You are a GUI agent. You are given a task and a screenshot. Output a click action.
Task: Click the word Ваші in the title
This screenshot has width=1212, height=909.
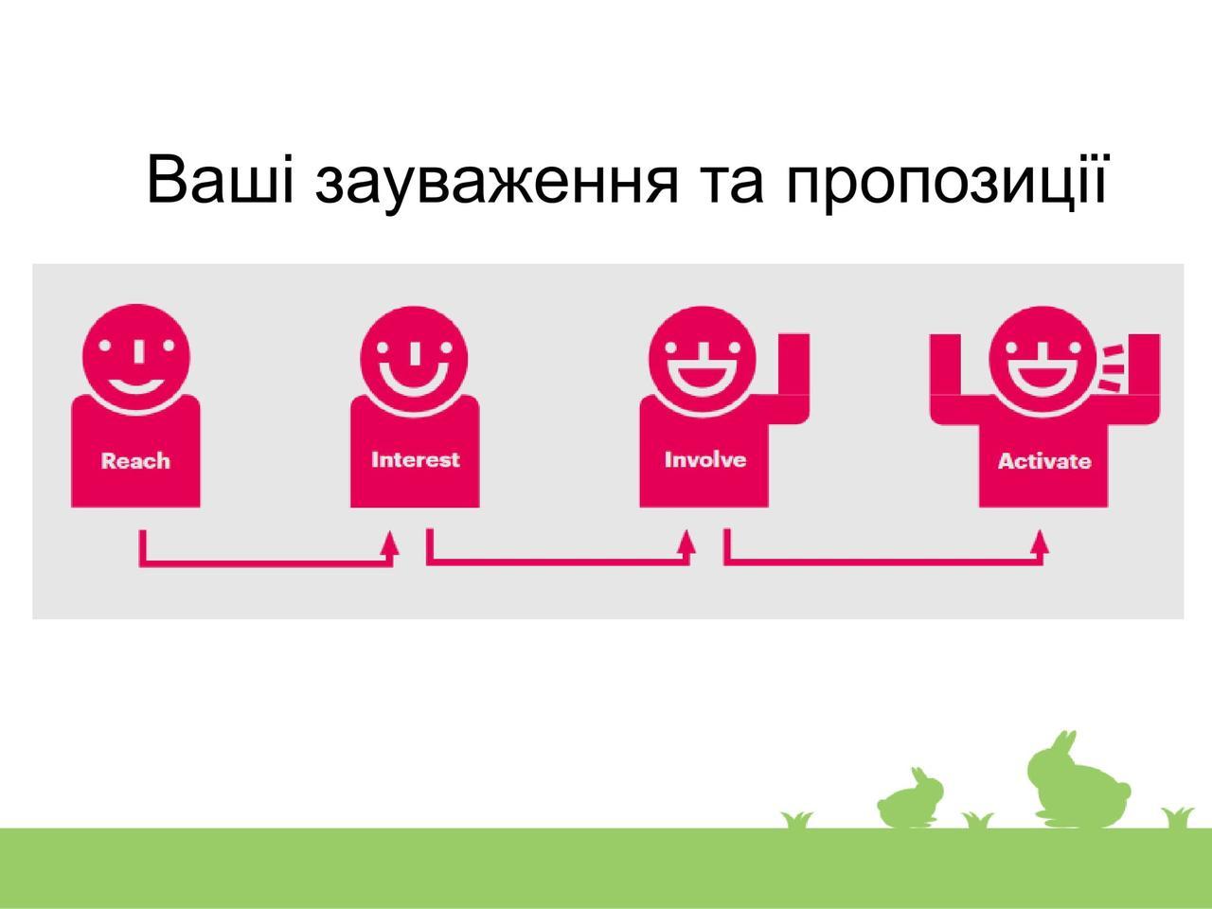coord(221,180)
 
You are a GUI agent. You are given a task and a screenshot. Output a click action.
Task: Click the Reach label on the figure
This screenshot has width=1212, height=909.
coord(135,461)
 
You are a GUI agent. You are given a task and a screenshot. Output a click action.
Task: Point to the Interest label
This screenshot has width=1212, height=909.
coord(416,460)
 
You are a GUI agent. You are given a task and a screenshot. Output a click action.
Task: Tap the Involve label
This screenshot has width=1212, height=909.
coord(705,460)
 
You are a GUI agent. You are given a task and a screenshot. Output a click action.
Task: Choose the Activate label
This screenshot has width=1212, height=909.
coord(1044,461)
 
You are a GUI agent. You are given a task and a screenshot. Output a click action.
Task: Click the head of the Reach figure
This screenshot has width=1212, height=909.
coord(136,357)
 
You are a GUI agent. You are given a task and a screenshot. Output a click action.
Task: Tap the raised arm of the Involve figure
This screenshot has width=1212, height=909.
coord(793,375)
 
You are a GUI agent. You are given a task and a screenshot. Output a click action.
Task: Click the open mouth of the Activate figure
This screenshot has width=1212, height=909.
coord(1043,378)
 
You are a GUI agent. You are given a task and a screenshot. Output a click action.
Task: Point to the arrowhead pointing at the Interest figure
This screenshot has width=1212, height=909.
coord(391,542)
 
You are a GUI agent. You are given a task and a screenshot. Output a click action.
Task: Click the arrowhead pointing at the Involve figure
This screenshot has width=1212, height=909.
coord(686,542)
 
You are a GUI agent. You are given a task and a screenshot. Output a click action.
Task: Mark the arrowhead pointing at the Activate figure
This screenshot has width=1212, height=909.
coord(1041,542)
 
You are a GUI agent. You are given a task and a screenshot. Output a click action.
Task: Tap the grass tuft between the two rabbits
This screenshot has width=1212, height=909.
coord(978,819)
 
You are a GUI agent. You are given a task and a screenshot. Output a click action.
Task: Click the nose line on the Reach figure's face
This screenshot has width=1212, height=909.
coord(138,351)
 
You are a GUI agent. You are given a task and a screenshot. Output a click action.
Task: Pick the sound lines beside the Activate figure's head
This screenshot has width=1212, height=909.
coord(1112,368)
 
